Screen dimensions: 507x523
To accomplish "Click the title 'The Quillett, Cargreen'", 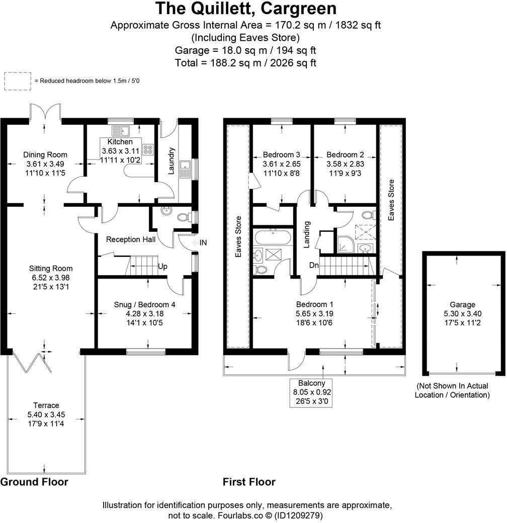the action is pyautogui.click(x=246, y=9).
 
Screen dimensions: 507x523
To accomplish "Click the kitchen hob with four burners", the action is pyautogui.click(x=148, y=149).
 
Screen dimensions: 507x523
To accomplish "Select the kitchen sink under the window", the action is pyautogui.click(x=121, y=131).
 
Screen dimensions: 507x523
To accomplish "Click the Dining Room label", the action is pyautogui.click(x=45, y=155).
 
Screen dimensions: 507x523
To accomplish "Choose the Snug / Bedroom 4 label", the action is pyautogui.click(x=145, y=304).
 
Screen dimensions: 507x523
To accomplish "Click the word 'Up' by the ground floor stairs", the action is pyautogui.click(x=162, y=266).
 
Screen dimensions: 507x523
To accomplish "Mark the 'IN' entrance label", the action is pyautogui.click(x=203, y=243).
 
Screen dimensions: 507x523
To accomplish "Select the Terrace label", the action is pyautogui.click(x=46, y=405).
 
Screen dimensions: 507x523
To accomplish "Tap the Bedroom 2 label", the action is pyautogui.click(x=345, y=154).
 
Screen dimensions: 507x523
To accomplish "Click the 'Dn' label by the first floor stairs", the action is pyautogui.click(x=313, y=266).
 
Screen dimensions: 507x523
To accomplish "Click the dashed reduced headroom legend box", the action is pyautogui.click(x=18, y=80).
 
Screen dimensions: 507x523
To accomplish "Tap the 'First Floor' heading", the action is pyautogui.click(x=249, y=482).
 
